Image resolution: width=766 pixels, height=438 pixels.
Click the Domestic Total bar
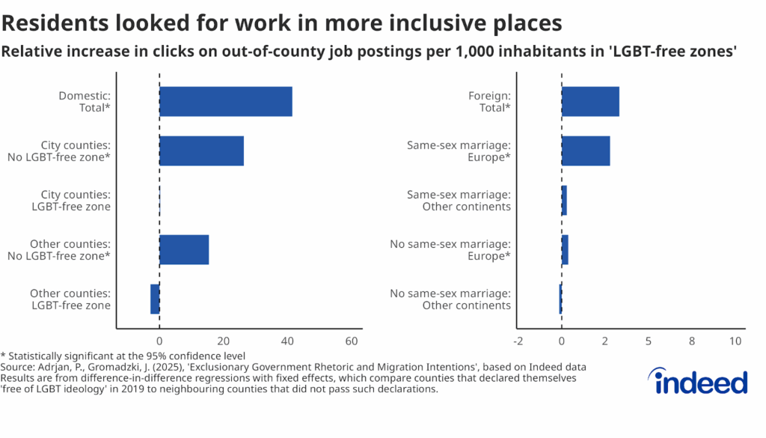coord(225,101)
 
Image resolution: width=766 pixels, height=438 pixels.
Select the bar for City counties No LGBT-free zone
coord(201,150)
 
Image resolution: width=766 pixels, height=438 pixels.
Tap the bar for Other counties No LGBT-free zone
coord(184,249)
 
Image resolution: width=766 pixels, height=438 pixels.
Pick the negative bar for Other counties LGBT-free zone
coord(155,299)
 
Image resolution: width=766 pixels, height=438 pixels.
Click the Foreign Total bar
coord(590,101)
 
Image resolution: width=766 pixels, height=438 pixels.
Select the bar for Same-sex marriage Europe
coord(586,150)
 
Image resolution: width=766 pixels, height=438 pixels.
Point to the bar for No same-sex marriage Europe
coord(565,249)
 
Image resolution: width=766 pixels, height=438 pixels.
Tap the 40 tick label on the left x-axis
coord(287,341)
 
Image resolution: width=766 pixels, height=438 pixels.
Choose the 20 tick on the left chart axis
coord(223,341)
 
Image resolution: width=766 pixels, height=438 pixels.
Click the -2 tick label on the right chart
coord(518,341)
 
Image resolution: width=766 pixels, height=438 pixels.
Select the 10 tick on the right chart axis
coord(735,341)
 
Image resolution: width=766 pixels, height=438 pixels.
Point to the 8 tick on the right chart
coord(692,341)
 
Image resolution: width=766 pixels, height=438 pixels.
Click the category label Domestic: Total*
coord(85,102)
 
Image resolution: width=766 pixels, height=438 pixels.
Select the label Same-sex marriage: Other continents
coord(459,200)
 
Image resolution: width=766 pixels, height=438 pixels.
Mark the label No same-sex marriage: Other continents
coord(450,299)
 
